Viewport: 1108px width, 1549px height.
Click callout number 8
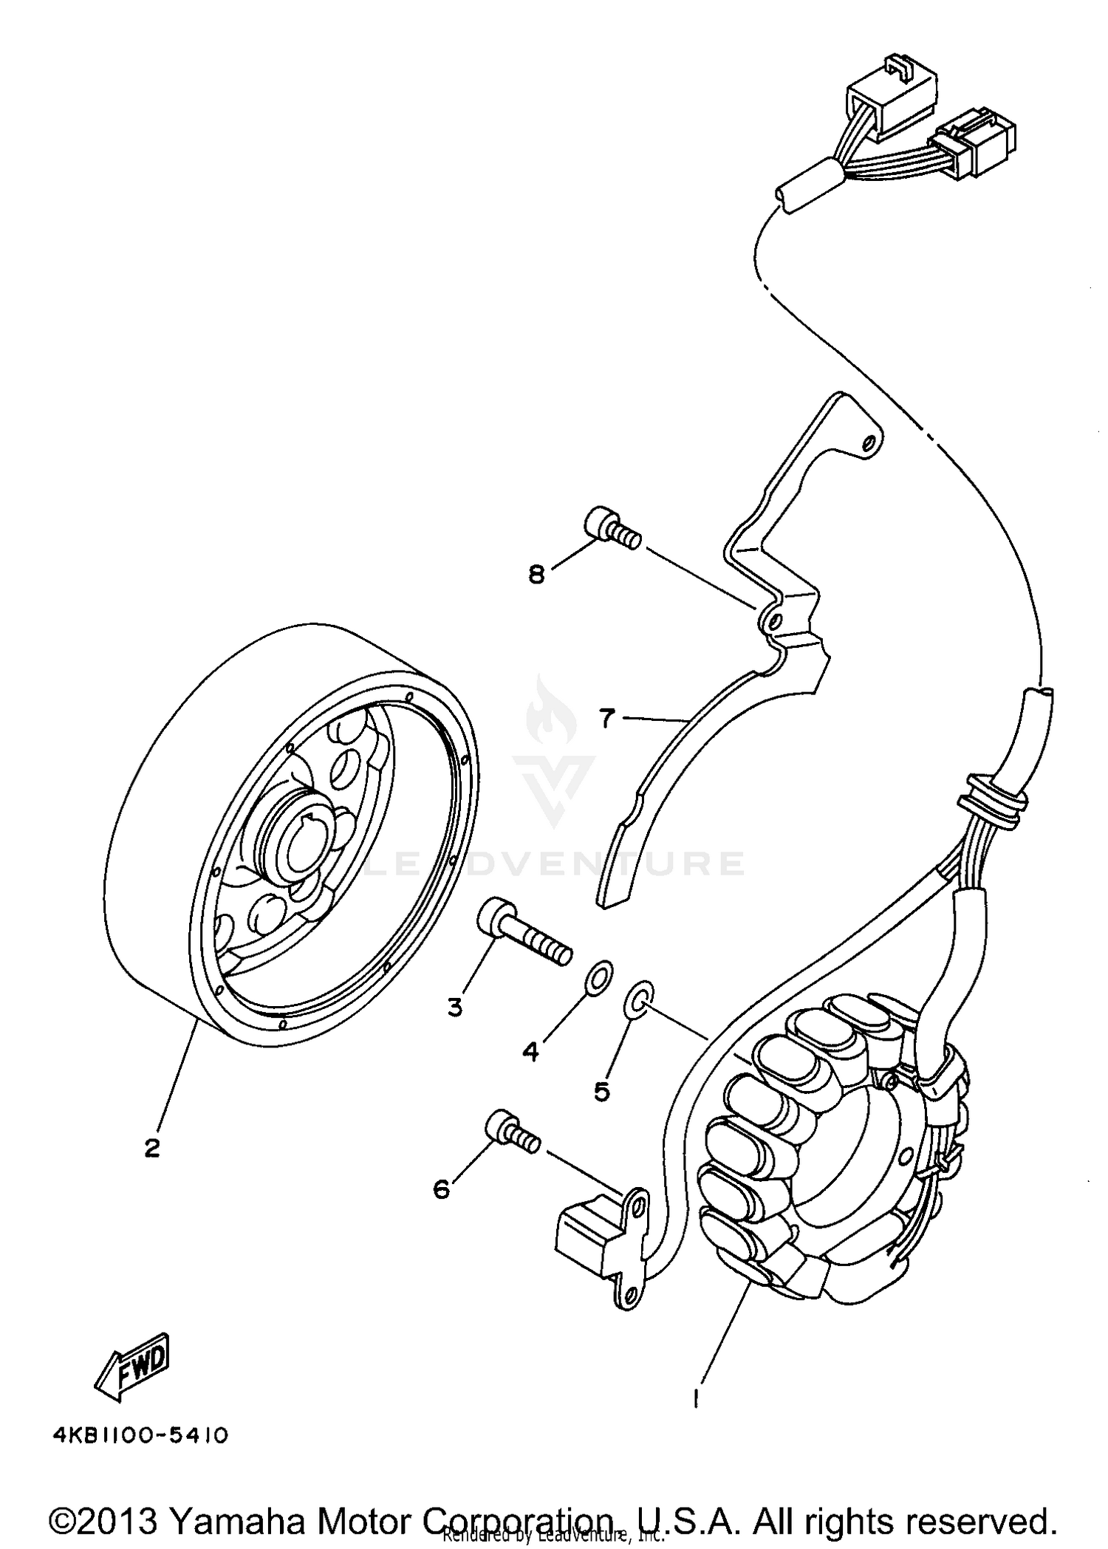pos(536,574)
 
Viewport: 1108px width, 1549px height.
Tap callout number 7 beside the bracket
pos(606,718)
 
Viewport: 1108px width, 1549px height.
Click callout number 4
pos(530,1051)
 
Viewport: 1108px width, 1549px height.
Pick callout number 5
pos(602,1090)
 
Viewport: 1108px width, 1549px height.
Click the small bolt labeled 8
pos(612,530)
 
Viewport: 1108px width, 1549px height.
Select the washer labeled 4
pos(598,978)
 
